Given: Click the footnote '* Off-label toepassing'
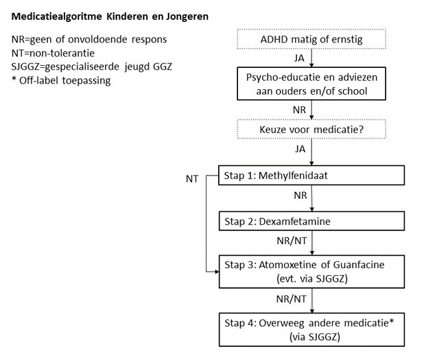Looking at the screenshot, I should (x=62, y=80).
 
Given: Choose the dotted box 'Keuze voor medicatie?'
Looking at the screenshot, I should (x=311, y=129).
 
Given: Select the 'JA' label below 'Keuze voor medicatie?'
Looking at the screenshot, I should (x=300, y=148).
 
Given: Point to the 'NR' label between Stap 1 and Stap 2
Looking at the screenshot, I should (x=300, y=196).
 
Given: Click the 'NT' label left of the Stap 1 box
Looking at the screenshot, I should (x=193, y=178).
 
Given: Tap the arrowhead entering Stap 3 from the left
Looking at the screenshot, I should (x=215, y=272).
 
